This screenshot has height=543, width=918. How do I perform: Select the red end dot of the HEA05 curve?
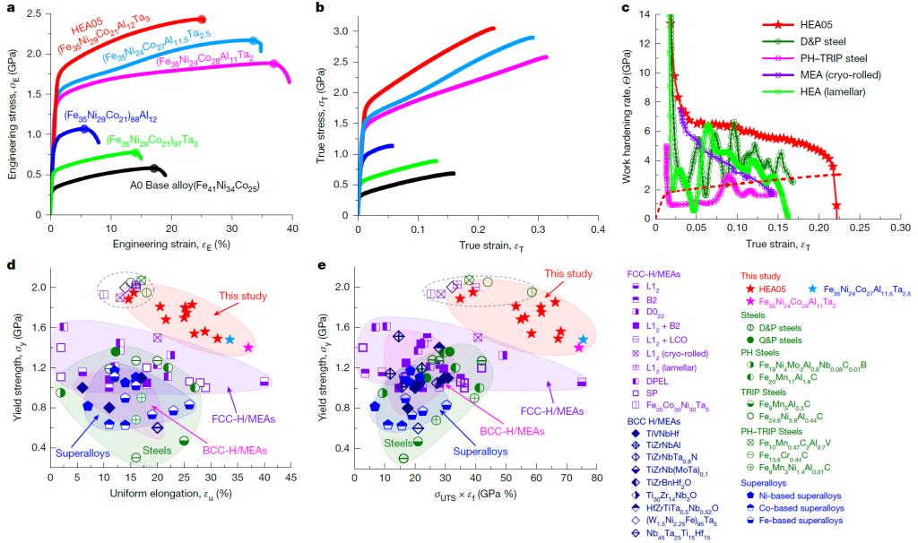pyautogui.click(x=201, y=19)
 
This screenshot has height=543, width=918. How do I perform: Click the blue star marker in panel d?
pyautogui.click(x=230, y=339)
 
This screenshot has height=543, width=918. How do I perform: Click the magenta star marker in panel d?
pyautogui.click(x=248, y=347)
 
